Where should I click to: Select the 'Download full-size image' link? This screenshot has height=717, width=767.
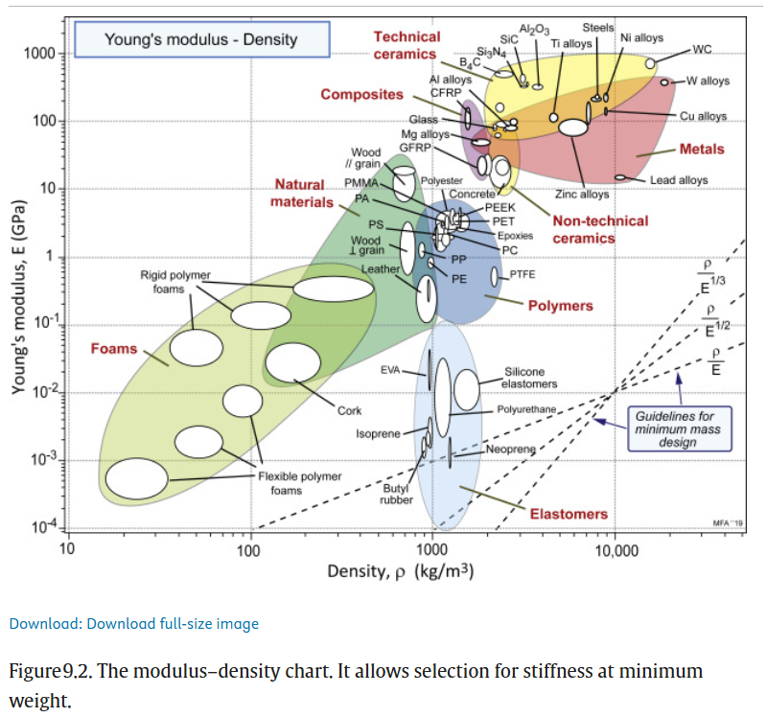pyautogui.click(x=133, y=624)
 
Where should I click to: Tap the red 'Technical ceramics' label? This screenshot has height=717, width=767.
pyautogui.click(x=407, y=45)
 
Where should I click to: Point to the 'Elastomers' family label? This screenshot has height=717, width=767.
pyautogui.click(x=569, y=514)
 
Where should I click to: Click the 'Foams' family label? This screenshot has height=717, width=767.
pyautogui.click(x=114, y=349)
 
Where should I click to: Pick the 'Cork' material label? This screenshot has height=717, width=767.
pyautogui.click(x=349, y=411)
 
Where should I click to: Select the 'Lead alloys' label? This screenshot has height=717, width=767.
pyautogui.click(x=679, y=180)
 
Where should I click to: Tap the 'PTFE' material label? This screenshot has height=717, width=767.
pyautogui.click(x=522, y=275)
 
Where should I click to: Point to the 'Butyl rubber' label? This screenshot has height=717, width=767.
pyautogui.click(x=396, y=495)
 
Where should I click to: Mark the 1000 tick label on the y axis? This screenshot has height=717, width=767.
pyautogui.click(x=42, y=54)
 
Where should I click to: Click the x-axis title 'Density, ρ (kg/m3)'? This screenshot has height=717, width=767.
pyautogui.click(x=402, y=572)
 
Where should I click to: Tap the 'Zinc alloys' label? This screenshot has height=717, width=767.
pyautogui.click(x=582, y=195)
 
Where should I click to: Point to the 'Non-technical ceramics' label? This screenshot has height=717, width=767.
pyautogui.click(x=600, y=229)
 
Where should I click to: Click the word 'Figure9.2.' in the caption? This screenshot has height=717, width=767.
pyautogui.click(x=44, y=671)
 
